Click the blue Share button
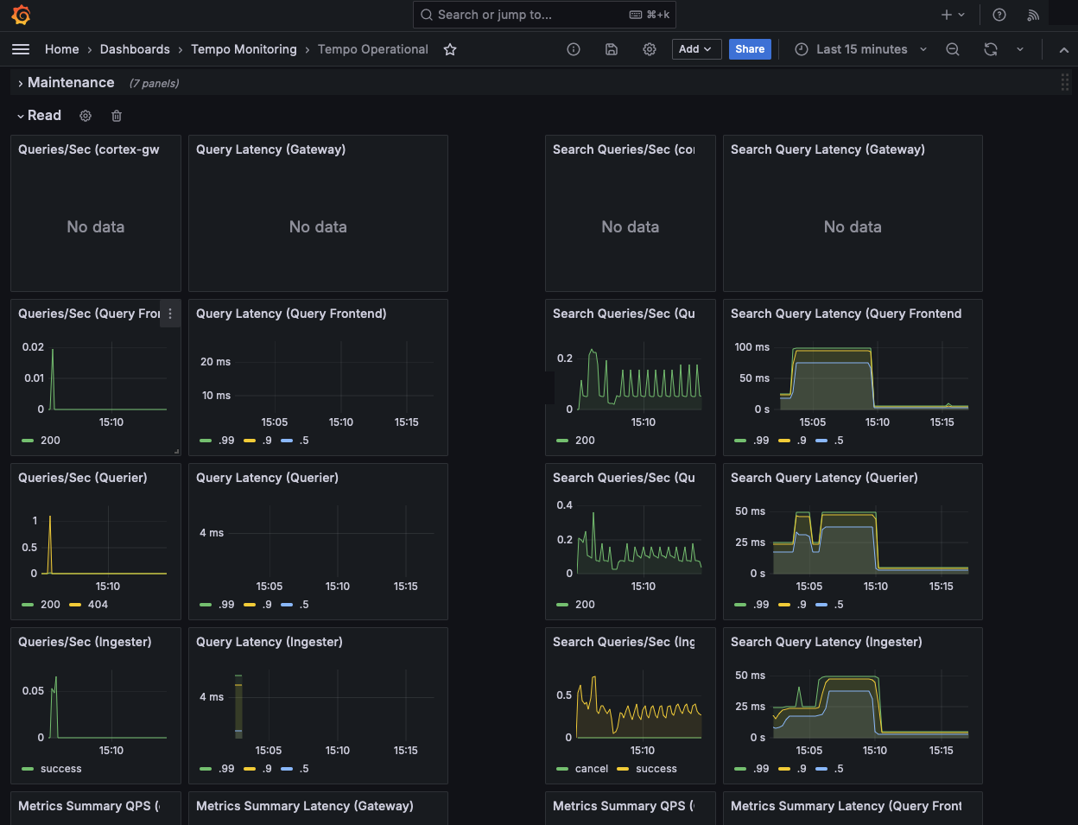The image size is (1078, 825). coord(750,49)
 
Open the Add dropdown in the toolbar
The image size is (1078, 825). coord(695,49)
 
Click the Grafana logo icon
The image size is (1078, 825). coord(22,15)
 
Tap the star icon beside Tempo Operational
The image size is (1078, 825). coord(450,49)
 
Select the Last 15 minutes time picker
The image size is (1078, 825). coord(861,49)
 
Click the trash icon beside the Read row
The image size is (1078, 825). coord(117,116)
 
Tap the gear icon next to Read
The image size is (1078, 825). coord(86,116)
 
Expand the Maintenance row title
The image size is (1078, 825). coord(71,83)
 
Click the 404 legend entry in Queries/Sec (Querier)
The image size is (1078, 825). coord(98,605)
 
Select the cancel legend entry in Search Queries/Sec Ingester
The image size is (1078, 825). coord(591,769)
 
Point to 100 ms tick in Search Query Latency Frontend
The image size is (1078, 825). coord(751,347)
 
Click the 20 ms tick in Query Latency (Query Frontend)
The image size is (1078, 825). coord(215,362)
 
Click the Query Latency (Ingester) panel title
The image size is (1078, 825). coord(269,642)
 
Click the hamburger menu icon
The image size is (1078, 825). coord(21,49)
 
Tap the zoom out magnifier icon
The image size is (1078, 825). coord(953,49)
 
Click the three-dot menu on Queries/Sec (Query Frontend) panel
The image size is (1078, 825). coord(170,314)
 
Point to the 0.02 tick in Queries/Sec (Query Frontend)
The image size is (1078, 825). coord(33,347)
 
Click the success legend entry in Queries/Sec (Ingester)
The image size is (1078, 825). coord(60,769)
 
